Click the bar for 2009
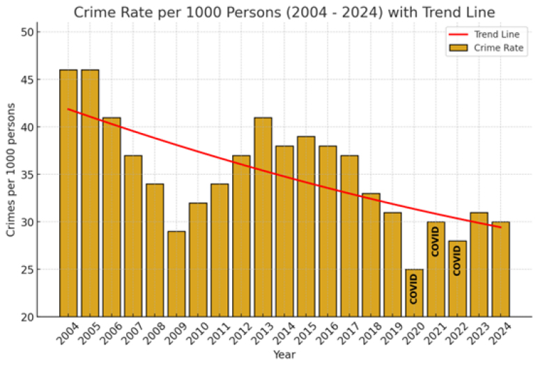pos(176,274)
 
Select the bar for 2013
pos(263,217)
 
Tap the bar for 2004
pos(68,193)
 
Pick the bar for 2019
pos(393,265)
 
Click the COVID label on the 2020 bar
pos(414,289)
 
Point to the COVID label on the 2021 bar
pos(436,242)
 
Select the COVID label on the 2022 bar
pos(457,260)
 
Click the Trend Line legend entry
pos(484,34)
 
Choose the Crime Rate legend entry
pos(486,48)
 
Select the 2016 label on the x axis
pos(327,333)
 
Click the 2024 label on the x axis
pos(500,333)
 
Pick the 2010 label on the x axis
pos(197,333)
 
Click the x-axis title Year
pos(284,354)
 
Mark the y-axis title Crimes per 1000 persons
pos(10,170)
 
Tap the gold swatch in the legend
pos(459,48)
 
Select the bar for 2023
pos(479,265)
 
